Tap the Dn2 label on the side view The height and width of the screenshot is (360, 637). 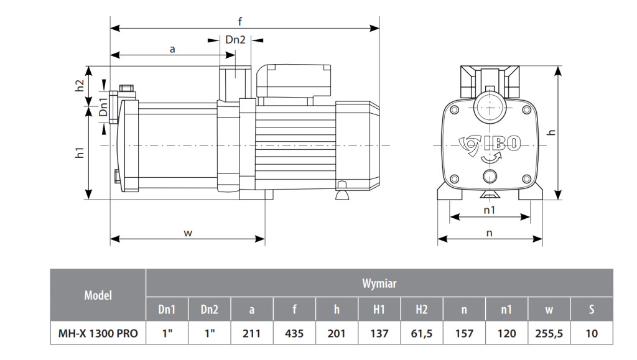coord(236,39)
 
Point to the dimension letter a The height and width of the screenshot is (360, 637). coord(172,50)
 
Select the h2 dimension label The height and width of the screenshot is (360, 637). coord(80,85)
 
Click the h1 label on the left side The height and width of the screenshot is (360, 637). coord(80,152)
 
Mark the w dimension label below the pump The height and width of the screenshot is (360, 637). coord(188,233)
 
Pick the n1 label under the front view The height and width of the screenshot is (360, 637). coord(490,210)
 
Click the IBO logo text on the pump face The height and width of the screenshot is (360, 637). coord(502,143)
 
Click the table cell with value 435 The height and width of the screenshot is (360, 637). coord(294,333)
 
